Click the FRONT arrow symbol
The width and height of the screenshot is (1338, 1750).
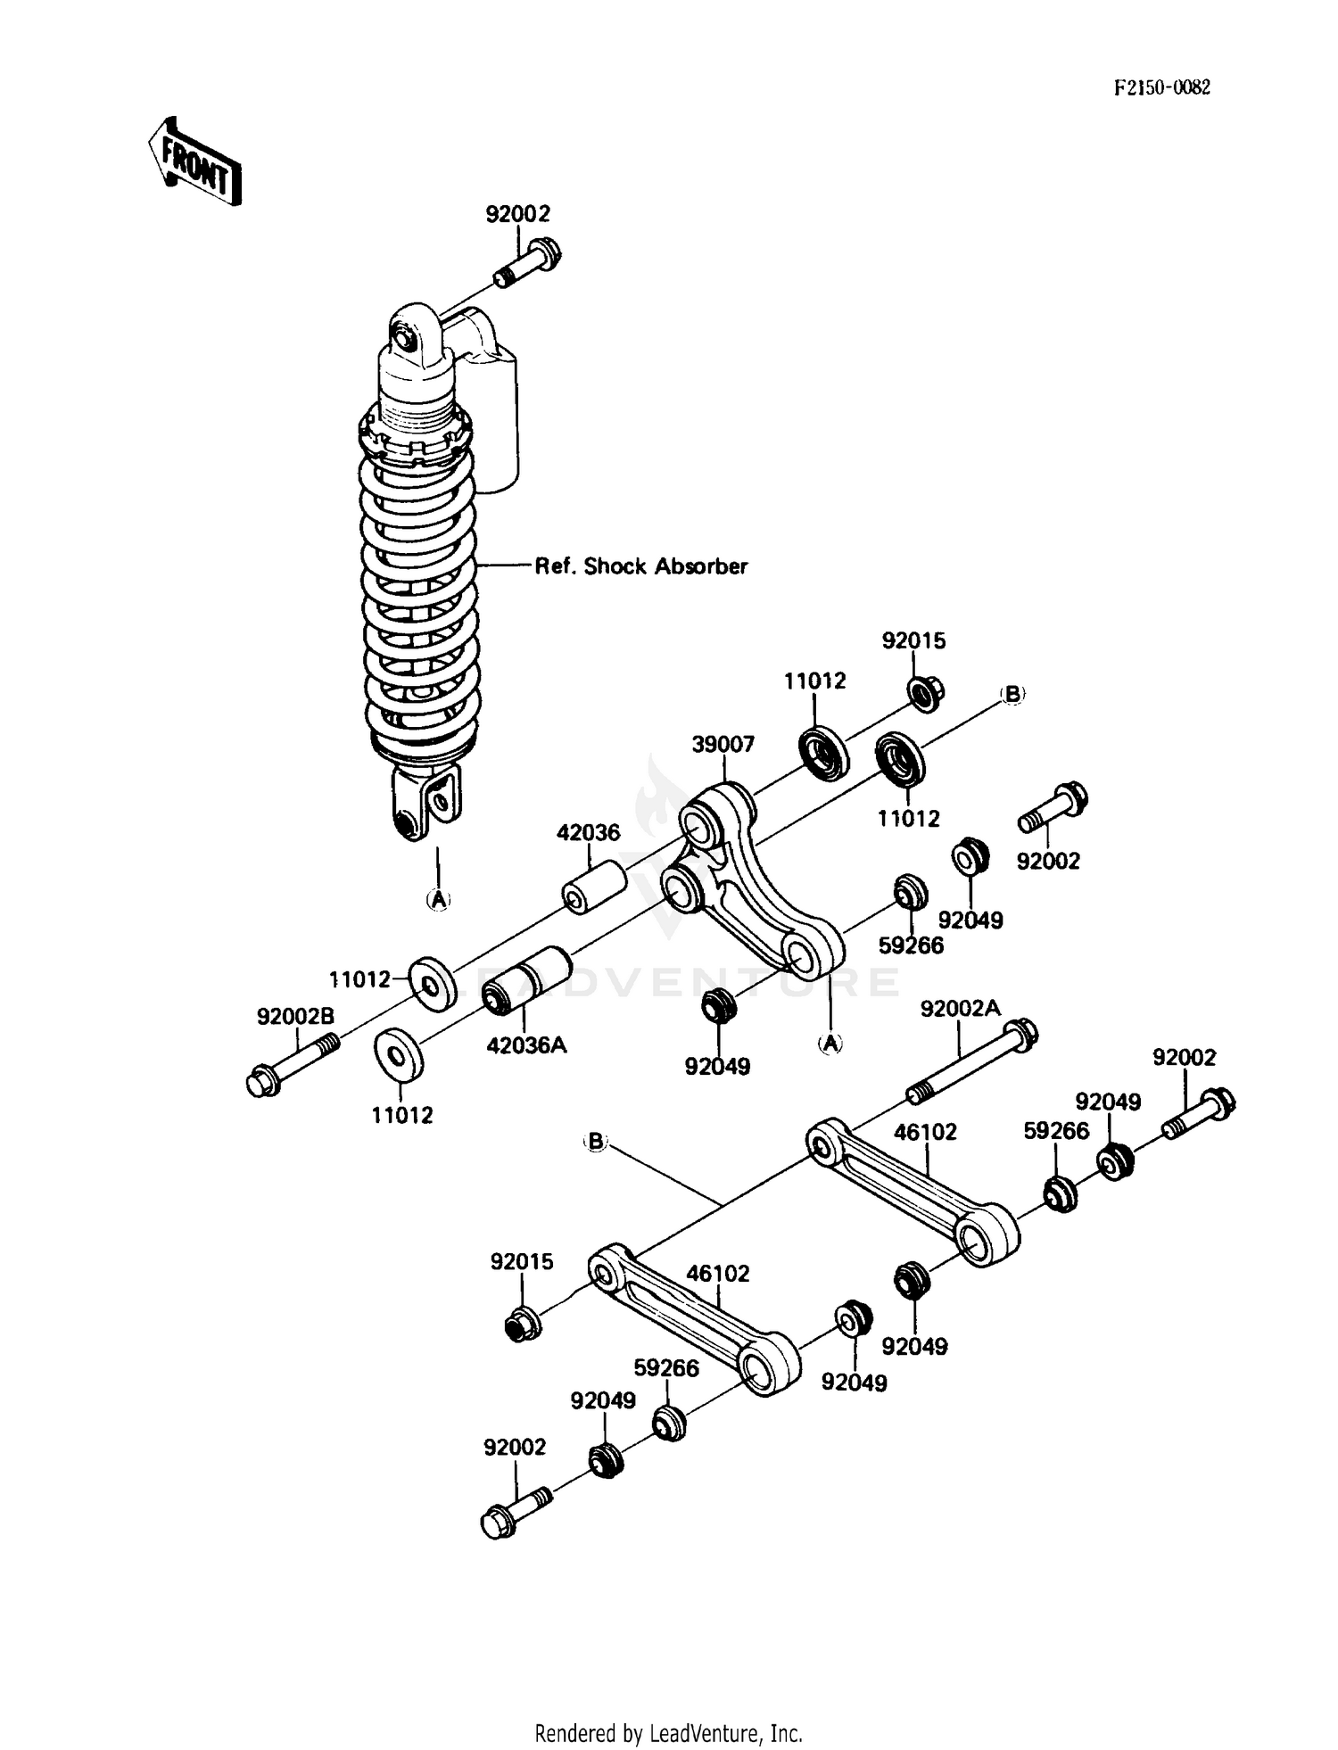tap(194, 161)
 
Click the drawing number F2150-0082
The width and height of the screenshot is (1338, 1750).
tap(1161, 87)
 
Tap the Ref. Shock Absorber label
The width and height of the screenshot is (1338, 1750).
tap(640, 566)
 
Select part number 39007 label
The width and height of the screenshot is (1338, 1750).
tap(723, 744)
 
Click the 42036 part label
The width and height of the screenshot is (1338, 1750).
tap(588, 832)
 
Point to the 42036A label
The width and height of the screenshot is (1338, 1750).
tap(526, 1044)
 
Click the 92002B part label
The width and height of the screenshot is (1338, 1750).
tap(295, 1016)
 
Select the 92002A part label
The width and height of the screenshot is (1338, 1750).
tap(960, 1009)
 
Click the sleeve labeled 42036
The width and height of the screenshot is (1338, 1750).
tap(594, 887)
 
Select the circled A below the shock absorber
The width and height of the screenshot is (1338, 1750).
tap(437, 900)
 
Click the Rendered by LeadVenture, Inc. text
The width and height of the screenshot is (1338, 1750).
tap(668, 1733)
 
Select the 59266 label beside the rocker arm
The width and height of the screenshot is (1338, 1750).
tap(911, 945)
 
